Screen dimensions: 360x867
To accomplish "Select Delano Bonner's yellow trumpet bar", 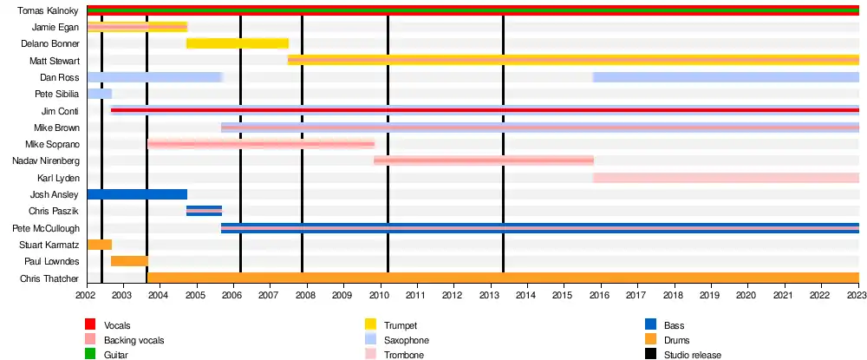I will [238, 43].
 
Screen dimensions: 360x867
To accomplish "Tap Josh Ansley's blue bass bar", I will [137, 194].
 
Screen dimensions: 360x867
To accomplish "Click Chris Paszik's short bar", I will [204, 211].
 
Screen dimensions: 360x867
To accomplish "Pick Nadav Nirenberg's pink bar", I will [484, 160].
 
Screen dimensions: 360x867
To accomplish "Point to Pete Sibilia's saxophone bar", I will [99, 94].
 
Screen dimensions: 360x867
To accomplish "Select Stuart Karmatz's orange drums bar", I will [99, 245].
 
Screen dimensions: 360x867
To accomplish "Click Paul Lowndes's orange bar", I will [129, 261].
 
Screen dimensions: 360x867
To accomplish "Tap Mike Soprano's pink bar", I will [261, 144].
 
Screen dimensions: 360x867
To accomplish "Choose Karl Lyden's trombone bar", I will [726, 178].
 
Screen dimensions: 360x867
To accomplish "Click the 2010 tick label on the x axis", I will [380, 296].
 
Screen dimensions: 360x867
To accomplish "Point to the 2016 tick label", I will [601, 296].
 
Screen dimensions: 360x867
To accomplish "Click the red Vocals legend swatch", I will [90, 324].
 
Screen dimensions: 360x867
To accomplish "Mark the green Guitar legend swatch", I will [90, 354].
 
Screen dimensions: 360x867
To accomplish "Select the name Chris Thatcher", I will [49, 278].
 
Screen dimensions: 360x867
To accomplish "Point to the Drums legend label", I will [677, 339].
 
